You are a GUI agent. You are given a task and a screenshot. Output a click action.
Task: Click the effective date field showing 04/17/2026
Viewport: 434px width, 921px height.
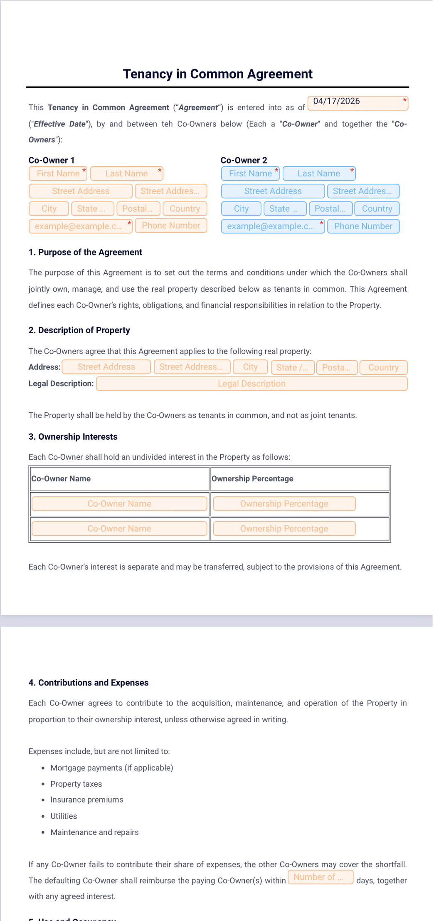[x=358, y=103]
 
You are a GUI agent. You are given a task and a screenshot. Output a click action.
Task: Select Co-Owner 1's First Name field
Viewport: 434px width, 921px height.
[x=58, y=173]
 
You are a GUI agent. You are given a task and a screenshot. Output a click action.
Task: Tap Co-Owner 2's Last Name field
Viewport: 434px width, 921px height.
[x=319, y=173]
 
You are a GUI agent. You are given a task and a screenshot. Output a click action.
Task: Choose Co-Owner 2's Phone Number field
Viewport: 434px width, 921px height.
[x=363, y=226]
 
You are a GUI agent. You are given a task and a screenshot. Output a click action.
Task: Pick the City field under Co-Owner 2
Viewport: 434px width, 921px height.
[x=241, y=209]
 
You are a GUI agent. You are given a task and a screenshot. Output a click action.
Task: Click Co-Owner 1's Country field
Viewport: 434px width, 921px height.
[x=185, y=209]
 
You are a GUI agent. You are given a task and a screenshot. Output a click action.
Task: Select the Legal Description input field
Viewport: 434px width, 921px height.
[x=252, y=384]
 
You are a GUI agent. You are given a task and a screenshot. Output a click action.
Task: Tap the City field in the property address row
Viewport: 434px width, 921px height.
[x=250, y=367]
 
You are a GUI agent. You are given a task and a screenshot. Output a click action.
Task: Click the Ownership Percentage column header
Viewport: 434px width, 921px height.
[x=252, y=479]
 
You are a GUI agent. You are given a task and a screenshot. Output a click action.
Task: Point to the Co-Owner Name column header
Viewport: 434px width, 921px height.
[x=61, y=479]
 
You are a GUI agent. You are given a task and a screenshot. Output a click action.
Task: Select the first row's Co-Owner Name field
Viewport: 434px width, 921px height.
[x=119, y=504]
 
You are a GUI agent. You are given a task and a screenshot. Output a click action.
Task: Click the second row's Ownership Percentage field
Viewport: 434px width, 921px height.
[x=284, y=529]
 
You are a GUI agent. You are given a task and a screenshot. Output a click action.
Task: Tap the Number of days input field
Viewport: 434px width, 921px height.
[x=321, y=877]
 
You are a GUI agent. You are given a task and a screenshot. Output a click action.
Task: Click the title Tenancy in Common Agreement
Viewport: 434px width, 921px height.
[x=217, y=74]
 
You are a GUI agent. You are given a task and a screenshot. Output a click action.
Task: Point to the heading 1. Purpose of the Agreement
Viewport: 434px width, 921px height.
[x=85, y=252]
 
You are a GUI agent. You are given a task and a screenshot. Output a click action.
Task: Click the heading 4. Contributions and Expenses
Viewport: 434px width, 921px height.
[x=89, y=683]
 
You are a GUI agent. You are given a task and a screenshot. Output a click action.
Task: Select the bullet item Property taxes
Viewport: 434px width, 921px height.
[x=76, y=784]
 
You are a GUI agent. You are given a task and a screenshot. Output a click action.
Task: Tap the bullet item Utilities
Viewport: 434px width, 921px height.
[x=64, y=816]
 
